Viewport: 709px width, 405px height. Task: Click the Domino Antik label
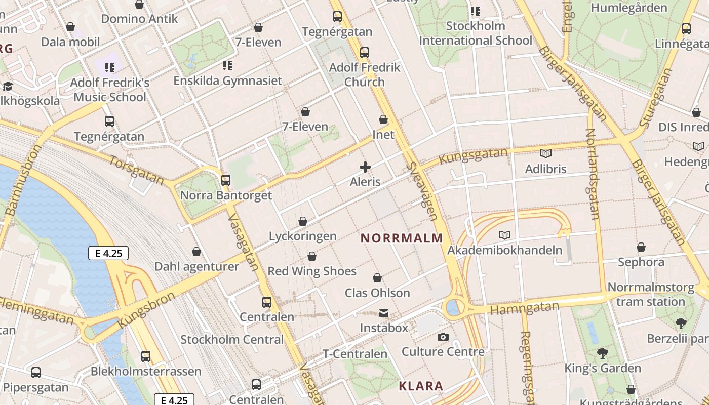(x=140, y=19)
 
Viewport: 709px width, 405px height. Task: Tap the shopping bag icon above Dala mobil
(x=70, y=26)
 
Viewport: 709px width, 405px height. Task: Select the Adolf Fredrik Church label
(x=365, y=74)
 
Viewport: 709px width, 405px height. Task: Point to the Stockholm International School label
(x=476, y=33)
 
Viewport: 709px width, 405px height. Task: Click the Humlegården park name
(x=629, y=8)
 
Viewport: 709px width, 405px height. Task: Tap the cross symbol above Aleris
(x=365, y=167)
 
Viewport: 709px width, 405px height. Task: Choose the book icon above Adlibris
(x=545, y=153)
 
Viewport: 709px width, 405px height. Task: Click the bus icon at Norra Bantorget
(x=226, y=180)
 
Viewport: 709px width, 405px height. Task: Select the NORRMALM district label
(x=402, y=238)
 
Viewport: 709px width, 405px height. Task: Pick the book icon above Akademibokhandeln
(x=504, y=235)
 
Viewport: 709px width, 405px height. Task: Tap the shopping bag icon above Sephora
(x=641, y=247)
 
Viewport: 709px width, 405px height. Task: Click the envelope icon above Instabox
(x=384, y=313)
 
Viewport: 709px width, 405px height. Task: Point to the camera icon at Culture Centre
(x=443, y=337)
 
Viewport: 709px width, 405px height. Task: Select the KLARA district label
(x=421, y=386)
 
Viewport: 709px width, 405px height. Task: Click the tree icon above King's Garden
(x=602, y=353)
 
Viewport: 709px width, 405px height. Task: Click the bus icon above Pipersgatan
(x=36, y=373)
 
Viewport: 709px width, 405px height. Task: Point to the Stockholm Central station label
(x=232, y=339)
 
